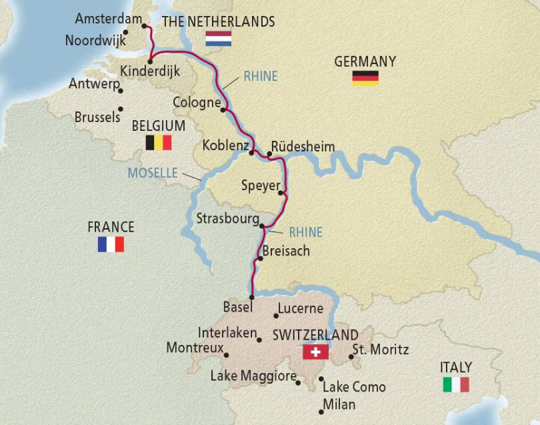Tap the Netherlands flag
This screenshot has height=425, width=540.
218,38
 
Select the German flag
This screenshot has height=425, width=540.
365,78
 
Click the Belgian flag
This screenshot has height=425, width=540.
159,142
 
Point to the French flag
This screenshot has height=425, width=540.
111,244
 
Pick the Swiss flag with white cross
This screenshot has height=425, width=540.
315,352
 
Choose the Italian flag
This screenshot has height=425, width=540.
456,384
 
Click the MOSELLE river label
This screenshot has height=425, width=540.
153,173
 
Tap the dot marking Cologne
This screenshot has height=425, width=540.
225,109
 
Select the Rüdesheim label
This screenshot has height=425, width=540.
303,147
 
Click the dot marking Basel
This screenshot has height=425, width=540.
252,298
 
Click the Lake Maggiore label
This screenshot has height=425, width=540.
253,376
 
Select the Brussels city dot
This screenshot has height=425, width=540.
121,109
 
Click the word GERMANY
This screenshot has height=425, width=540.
365,61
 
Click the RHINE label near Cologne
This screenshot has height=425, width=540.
260,76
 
